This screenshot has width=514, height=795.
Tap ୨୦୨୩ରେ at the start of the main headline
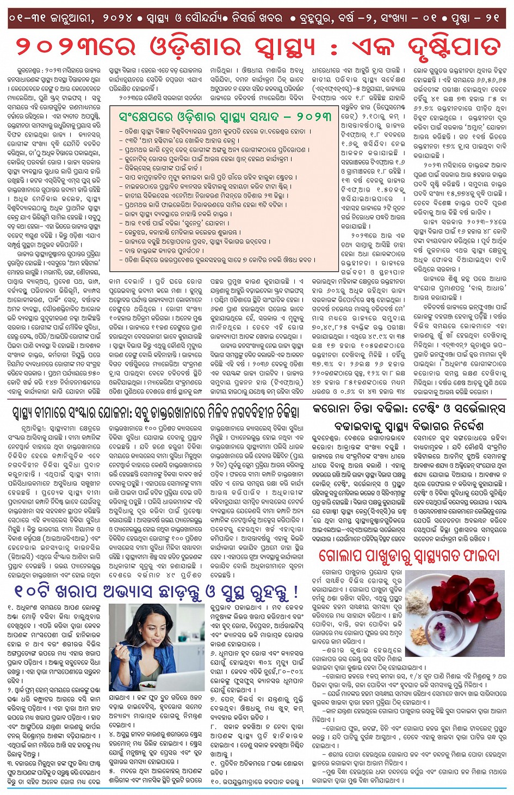(x=67, y=47)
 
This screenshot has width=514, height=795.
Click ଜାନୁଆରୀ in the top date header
(x=71, y=18)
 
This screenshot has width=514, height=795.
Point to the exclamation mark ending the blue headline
(x=295, y=591)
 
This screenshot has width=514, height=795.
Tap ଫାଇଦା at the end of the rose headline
(x=479, y=555)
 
